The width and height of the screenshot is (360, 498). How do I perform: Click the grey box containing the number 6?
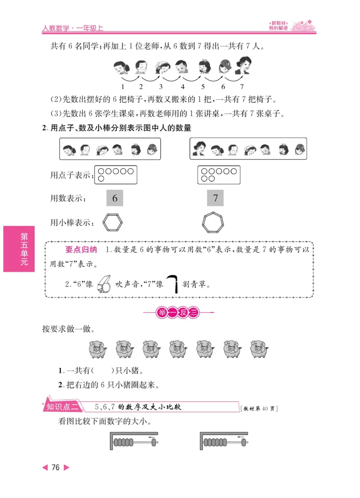[115, 198]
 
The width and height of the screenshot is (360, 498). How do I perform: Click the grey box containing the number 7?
[216, 198]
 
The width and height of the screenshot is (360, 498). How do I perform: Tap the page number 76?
[55, 468]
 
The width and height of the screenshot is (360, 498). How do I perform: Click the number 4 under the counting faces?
[183, 87]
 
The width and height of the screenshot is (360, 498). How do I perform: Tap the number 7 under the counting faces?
[242, 87]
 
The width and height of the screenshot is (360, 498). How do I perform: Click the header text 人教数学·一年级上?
[73, 28]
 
